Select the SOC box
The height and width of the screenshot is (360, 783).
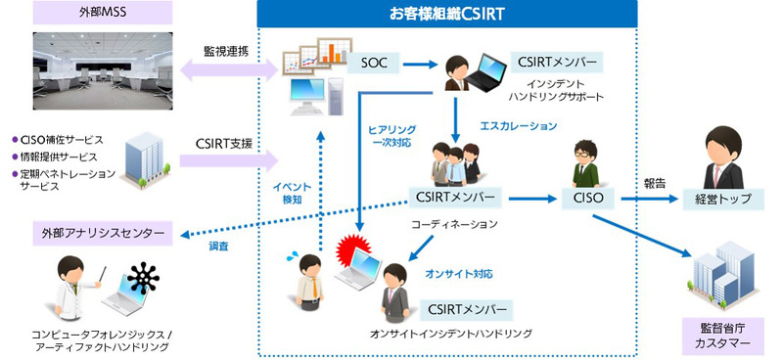pyautogui.click(x=375, y=64)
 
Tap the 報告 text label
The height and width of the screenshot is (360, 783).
pyautogui.click(x=656, y=183)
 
